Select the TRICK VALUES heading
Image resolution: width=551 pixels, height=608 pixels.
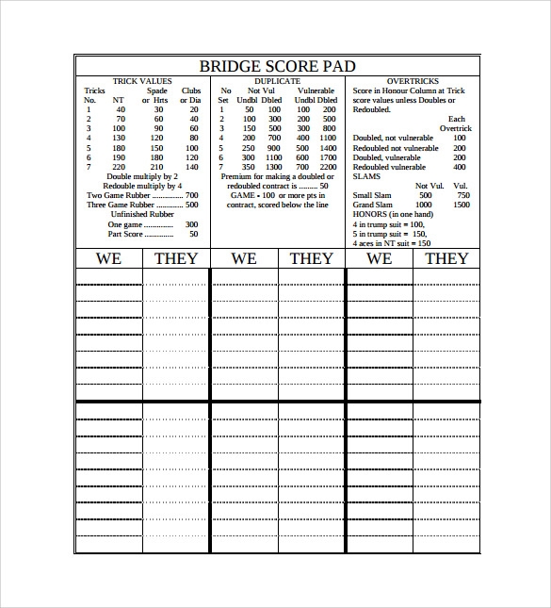(x=141, y=81)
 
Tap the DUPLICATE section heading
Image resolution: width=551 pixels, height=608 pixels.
(x=277, y=81)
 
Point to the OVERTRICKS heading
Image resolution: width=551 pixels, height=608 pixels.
(x=412, y=81)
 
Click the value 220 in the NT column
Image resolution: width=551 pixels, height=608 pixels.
(x=119, y=167)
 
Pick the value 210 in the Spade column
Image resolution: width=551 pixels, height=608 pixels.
(x=156, y=167)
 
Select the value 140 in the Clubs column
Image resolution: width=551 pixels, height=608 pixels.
(x=191, y=167)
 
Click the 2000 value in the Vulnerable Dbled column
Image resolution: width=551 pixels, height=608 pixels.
(x=327, y=167)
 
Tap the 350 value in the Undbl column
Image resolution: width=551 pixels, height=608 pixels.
(x=248, y=167)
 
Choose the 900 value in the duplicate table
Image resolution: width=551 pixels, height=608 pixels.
(x=274, y=148)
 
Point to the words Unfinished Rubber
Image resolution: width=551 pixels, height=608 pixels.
(x=141, y=214)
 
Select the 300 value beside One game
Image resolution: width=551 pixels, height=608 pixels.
(x=191, y=224)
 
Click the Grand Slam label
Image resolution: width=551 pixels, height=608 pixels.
(x=374, y=205)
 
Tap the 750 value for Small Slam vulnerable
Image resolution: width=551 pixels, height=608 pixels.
(x=461, y=195)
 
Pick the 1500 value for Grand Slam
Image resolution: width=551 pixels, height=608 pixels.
(x=461, y=205)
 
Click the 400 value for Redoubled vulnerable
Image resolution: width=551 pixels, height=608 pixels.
(x=459, y=167)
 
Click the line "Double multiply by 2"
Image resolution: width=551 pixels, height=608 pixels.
(x=141, y=176)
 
